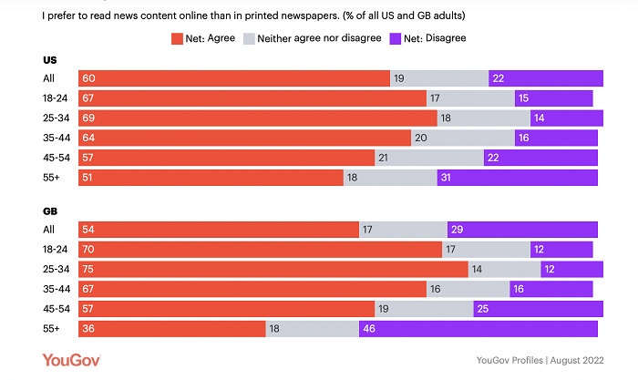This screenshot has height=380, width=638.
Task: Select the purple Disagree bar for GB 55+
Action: coord(478,329)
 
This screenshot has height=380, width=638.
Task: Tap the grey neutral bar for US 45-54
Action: coord(429,158)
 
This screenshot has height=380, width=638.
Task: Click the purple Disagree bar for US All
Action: coord(545,79)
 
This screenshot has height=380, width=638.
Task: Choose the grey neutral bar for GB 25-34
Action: coord(504,269)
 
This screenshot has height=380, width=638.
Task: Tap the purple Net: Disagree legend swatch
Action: coord(395,38)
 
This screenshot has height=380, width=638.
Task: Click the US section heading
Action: coord(50,60)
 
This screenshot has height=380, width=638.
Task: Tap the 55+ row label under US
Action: coord(52,178)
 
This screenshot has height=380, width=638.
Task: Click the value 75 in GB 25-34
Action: coord(88,269)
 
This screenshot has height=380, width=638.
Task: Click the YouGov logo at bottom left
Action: coord(70,361)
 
